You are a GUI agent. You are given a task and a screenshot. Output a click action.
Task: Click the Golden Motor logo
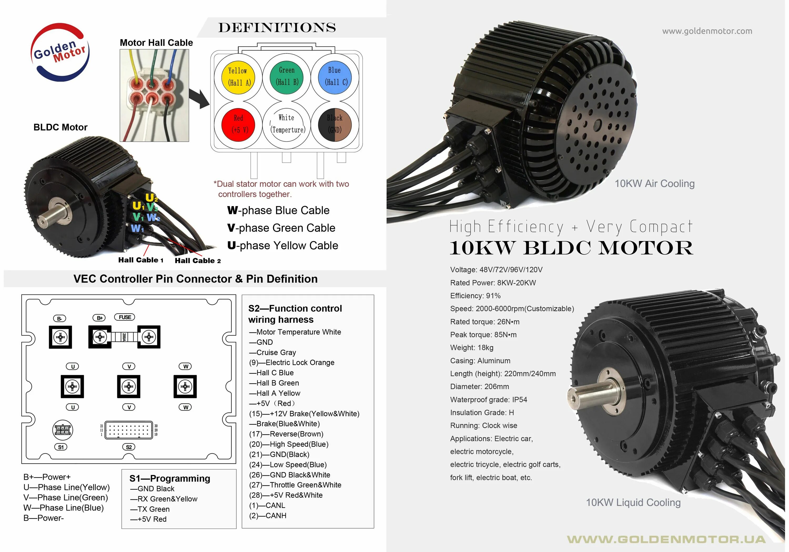(x=60, y=52)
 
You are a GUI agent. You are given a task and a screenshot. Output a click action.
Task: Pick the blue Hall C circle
(x=335, y=76)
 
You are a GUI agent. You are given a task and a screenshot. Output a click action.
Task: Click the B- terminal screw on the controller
(x=60, y=337)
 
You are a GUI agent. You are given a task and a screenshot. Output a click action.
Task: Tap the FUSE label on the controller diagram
(x=124, y=317)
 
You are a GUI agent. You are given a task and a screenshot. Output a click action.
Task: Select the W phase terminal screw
(x=185, y=386)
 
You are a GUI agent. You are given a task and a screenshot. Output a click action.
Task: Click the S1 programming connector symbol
(x=63, y=430)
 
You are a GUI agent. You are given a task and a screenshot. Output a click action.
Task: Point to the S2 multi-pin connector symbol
(x=129, y=430)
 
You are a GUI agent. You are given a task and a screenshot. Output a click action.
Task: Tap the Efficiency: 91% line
(x=475, y=296)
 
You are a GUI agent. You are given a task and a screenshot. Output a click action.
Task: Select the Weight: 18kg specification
(x=472, y=347)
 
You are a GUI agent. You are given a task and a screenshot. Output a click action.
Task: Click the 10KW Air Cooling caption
(x=654, y=184)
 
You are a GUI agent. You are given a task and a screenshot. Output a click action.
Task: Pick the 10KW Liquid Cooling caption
(x=633, y=503)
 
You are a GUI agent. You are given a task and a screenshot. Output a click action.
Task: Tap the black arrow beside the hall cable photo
(x=199, y=99)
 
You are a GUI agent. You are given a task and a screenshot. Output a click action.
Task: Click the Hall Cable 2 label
(x=198, y=261)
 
